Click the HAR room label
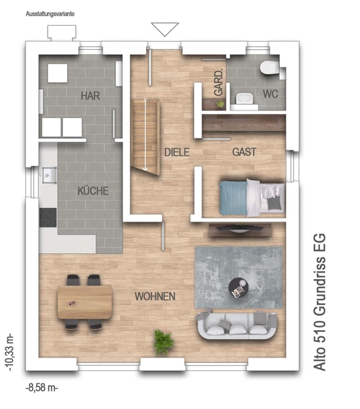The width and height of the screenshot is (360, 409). tap(90, 96)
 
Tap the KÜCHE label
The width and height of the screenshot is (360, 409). tap(93, 190)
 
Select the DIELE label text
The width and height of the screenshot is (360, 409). tap(177, 152)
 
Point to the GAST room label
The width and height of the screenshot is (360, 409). tap(244, 152)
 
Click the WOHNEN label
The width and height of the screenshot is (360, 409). tap(155, 296)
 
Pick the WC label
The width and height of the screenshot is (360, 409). tap(271, 94)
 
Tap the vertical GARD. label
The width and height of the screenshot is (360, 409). tap(219, 82)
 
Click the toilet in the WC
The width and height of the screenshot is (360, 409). tap(269, 67)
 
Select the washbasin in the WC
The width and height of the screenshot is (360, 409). tap(244, 99)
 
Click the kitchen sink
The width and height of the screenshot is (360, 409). tap(48, 175)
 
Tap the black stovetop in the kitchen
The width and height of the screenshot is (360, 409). tap(48, 217)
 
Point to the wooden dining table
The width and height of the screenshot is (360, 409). tap(85, 302)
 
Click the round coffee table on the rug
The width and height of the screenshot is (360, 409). tap(238, 287)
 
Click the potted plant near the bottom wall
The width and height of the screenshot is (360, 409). tap(163, 342)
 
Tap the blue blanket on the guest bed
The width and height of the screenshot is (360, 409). tap(233, 197)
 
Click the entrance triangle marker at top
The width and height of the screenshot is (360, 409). tap(165, 29)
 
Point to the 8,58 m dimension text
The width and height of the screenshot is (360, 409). tap(41, 388)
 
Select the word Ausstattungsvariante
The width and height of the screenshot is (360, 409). tap(50, 14)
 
